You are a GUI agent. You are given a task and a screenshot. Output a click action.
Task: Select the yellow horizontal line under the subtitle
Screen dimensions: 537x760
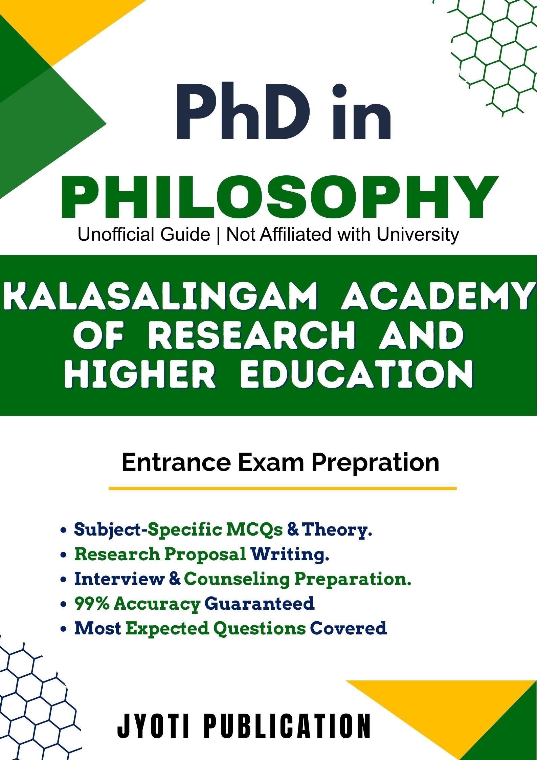[283, 488]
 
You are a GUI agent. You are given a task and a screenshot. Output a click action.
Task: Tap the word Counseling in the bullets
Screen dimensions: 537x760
[237, 579]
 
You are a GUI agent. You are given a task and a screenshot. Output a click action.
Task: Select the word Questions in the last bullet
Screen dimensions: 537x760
[259, 628]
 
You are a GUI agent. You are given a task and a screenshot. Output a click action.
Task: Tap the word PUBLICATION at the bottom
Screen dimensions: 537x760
[288, 725]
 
